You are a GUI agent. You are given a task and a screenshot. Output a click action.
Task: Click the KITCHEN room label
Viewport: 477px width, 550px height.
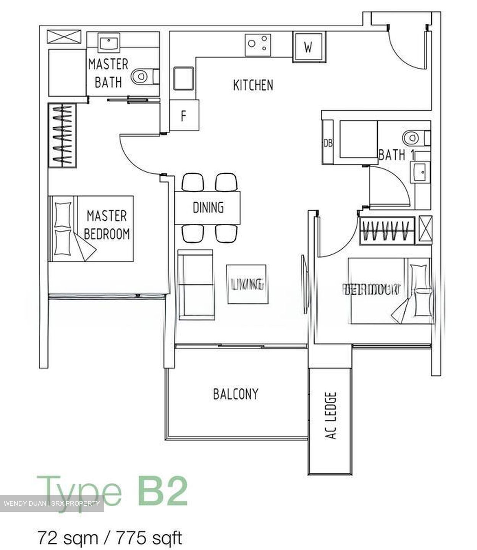tap(253, 85)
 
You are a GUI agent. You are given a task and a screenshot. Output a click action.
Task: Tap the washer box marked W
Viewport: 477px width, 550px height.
tap(309, 47)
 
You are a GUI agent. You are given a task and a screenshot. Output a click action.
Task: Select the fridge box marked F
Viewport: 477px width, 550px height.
tap(184, 115)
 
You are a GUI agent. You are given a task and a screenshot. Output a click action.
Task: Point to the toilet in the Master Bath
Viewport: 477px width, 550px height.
tap(142, 76)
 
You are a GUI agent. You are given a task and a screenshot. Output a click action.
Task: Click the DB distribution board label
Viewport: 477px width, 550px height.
tap(328, 143)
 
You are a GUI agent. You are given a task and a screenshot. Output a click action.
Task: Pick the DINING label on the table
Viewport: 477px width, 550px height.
tap(208, 207)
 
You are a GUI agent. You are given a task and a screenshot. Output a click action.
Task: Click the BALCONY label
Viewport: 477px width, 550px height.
tap(236, 393)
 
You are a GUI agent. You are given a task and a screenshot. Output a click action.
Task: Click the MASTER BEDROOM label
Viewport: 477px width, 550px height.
tap(107, 225)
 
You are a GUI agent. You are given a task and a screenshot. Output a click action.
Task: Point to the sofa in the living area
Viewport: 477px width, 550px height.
tap(195, 284)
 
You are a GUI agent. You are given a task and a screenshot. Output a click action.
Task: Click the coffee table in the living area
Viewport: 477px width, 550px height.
tap(247, 284)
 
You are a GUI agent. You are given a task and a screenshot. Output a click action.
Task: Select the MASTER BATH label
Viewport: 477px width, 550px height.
tap(108, 73)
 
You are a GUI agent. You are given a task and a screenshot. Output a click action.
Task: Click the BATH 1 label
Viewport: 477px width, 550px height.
tap(391, 155)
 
